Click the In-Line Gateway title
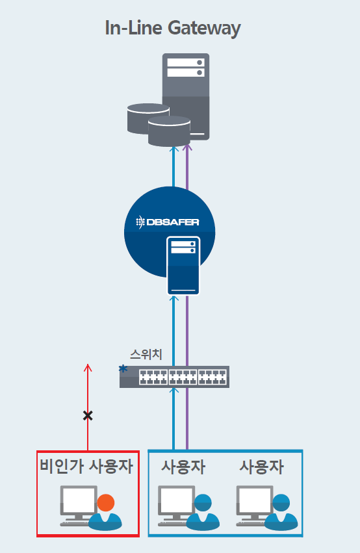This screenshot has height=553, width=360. [x=173, y=28]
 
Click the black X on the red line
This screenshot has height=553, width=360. [x=88, y=416]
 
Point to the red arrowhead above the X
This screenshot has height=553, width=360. [x=88, y=368]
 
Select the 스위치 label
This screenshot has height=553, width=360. [x=146, y=354]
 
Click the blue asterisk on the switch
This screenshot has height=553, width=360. [x=123, y=369]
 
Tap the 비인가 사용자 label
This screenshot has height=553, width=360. [x=86, y=466]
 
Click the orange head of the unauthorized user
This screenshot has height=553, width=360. [x=106, y=502]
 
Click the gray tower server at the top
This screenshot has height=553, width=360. [x=186, y=96]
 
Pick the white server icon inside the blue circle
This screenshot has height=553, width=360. [x=183, y=266]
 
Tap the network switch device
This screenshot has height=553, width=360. [x=175, y=377]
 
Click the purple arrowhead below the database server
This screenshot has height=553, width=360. [x=187, y=148]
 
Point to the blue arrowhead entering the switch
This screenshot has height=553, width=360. [x=174, y=391]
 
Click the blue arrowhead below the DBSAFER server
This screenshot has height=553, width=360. [x=174, y=298]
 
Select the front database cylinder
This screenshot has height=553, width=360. [x=169, y=131]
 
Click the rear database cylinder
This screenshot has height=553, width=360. [x=148, y=118]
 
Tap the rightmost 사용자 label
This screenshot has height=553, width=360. [x=262, y=467]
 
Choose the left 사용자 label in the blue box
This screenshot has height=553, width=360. [x=183, y=467]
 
